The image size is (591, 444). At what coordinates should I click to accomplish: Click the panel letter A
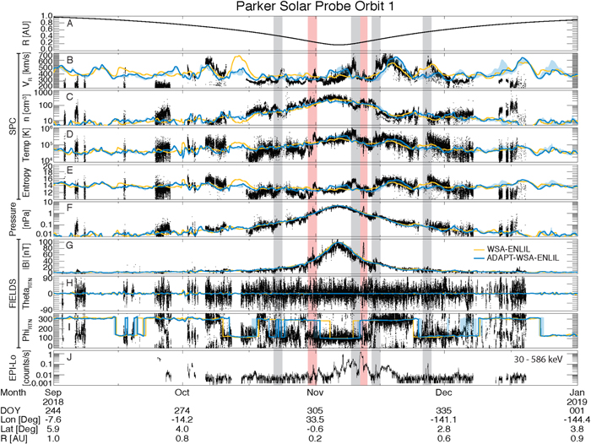70,24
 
